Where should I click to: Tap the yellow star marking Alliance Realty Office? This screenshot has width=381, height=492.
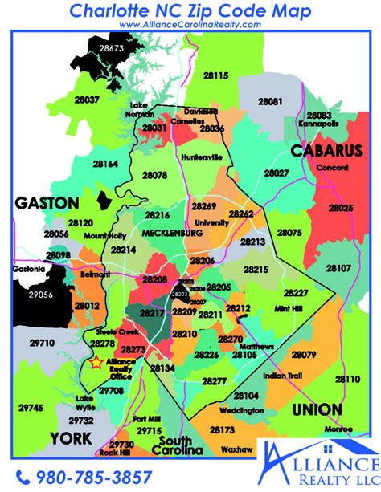tap(96, 363)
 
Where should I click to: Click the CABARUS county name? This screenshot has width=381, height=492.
tap(320, 150)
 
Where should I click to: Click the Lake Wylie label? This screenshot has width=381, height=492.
tap(84, 404)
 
